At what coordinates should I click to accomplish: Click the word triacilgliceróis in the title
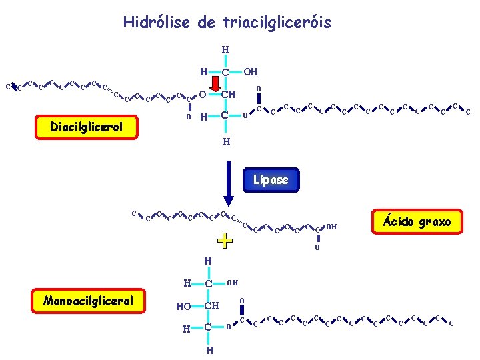pyautogui.click(x=279, y=23)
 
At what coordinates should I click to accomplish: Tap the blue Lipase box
pyautogui.click(x=271, y=179)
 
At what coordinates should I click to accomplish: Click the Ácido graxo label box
pyautogui.click(x=416, y=221)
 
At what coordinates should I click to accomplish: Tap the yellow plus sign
pyautogui.click(x=225, y=240)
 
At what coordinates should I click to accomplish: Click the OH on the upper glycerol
pyautogui.click(x=250, y=71)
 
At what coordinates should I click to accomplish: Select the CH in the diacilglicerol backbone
pyautogui.click(x=228, y=94)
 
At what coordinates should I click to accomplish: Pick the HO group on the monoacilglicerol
pyautogui.click(x=184, y=306)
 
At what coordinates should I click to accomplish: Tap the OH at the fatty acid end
pyautogui.click(x=331, y=227)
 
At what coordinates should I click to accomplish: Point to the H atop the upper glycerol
pyautogui.click(x=225, y=49)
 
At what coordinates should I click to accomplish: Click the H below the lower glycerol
pyautogui.click(x=209, y=350)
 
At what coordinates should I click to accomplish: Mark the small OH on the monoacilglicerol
pyautogui.click(x=233, y=283)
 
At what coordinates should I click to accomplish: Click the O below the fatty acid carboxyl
pyautogui.click(x=317, y=249)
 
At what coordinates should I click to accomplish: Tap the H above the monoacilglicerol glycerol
pyautogui.click(x=208, y=261)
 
